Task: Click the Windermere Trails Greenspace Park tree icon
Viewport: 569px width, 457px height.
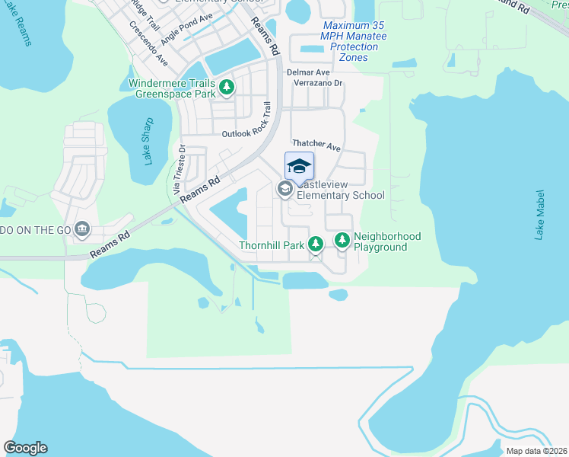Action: coord(226,88)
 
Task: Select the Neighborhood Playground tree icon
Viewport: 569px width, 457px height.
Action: coord(342,241)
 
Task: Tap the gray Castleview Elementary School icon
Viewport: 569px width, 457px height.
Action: coord(285,189)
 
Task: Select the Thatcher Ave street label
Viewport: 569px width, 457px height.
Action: coord(316,144)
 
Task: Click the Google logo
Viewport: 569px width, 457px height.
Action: coord(25,448)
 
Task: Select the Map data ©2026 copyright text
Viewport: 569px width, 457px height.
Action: coord(536,451)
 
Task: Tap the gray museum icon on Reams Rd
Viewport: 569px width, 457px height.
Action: coord(82,228)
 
